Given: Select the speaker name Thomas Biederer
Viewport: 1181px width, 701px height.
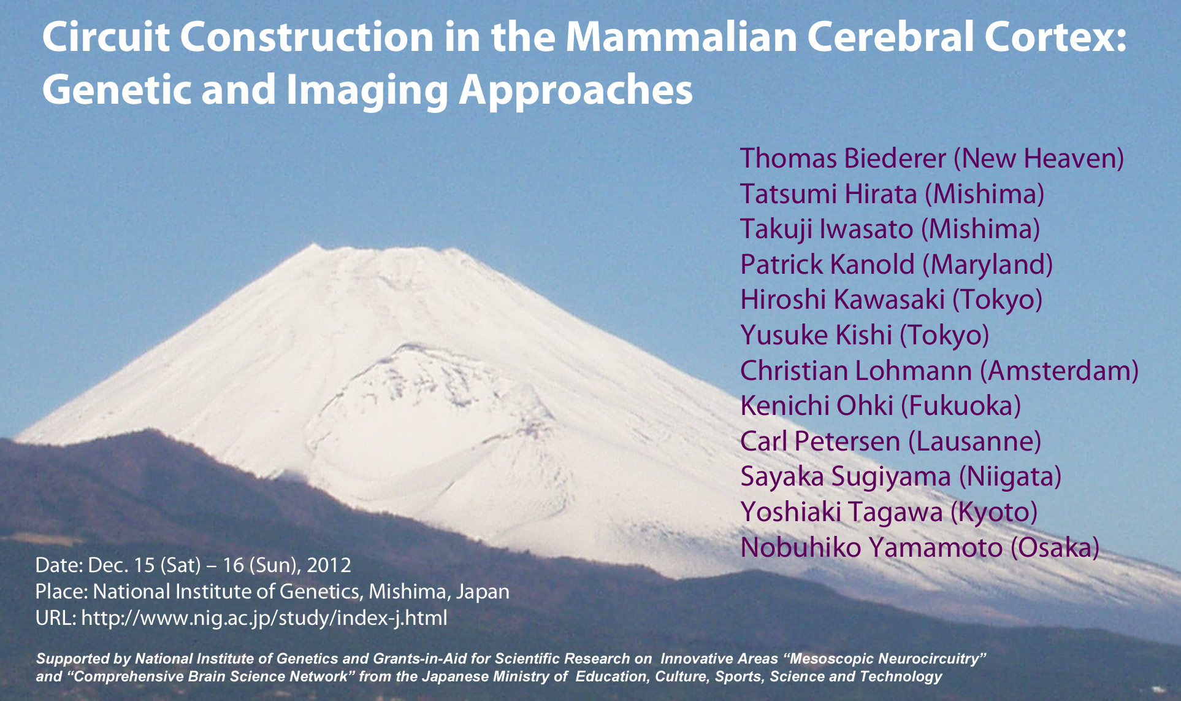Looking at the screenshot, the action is point(843,158).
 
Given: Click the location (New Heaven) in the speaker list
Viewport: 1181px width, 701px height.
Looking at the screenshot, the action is point(1039,159).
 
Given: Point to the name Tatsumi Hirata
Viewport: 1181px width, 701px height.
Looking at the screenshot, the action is point(828,194).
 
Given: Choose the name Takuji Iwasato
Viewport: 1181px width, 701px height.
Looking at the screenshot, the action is point(827,229).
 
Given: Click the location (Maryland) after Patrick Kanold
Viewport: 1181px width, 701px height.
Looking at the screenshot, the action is point(988,265).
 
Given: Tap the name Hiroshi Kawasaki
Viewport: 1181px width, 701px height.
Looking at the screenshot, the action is point(843,300).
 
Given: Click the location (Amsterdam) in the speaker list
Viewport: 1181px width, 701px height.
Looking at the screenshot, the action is point(1059,371).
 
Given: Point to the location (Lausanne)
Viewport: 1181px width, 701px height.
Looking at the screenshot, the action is point(974,441).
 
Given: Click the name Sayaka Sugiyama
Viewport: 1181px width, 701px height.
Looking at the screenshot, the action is point(846,477).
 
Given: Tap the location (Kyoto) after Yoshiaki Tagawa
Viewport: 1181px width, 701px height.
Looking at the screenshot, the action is point(993,513).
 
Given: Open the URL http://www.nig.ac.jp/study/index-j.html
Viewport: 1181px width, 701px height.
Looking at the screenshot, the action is point(264,618).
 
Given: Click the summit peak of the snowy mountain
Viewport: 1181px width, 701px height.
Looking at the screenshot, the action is point(314,246).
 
